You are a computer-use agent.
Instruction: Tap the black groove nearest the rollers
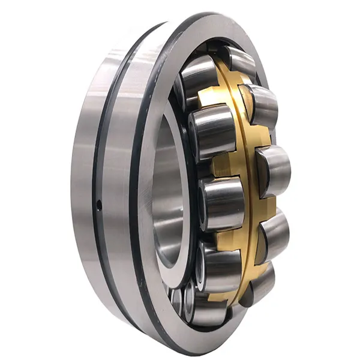coord(134,180)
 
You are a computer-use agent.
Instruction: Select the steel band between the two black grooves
coord(115,180)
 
